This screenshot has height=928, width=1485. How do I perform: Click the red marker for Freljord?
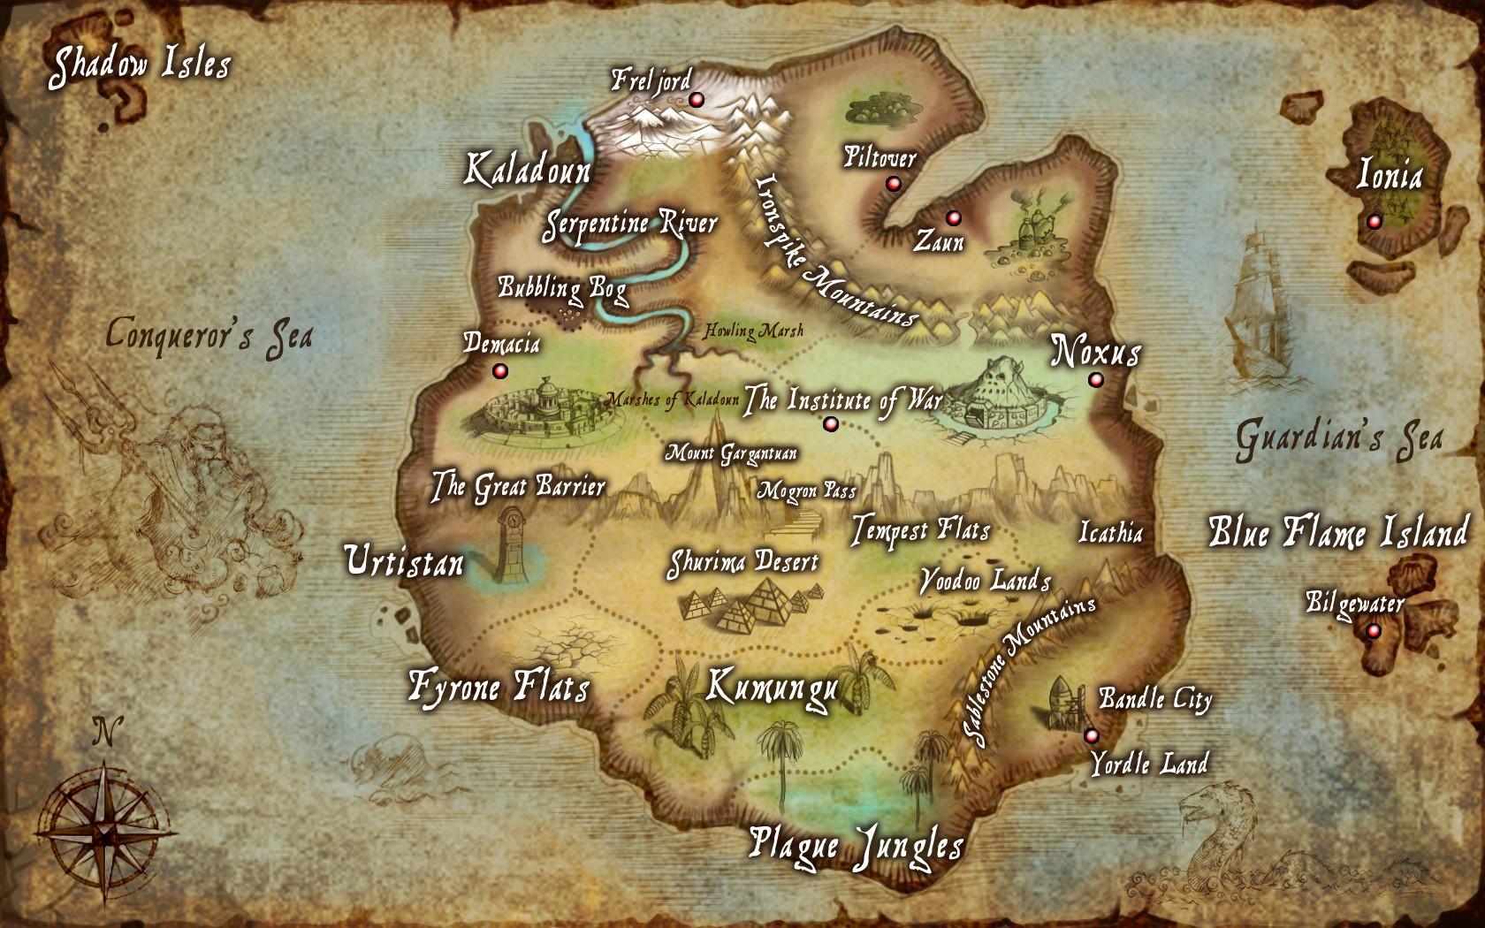coord(696,101)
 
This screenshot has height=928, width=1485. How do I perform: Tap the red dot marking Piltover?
coord(893,184)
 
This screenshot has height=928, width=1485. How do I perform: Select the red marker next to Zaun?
coord(952,217)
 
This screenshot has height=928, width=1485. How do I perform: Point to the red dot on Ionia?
coord(1374,222)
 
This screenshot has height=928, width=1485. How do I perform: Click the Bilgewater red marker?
coord(1373,631)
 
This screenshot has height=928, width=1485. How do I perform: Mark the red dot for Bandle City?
coord(1091,735)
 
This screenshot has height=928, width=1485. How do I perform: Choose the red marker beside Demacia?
coord(500,370)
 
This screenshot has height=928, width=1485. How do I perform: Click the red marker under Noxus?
coord(1096,380)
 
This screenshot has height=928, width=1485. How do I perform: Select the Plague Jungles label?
coord(855,845)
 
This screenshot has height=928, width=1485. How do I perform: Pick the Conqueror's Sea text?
coord(209,336)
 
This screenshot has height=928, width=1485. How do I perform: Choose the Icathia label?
coord(1111,533)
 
